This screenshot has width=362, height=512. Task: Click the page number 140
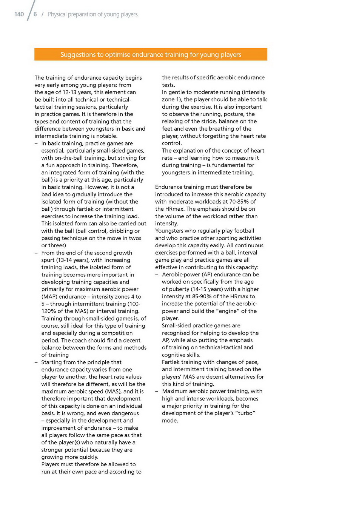click(x=19, y=14)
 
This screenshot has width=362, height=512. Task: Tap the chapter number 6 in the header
click(x=35, y=14)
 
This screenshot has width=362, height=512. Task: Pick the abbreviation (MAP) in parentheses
click(x=49, y=297)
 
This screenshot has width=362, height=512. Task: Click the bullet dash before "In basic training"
click(x=36, y=143)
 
